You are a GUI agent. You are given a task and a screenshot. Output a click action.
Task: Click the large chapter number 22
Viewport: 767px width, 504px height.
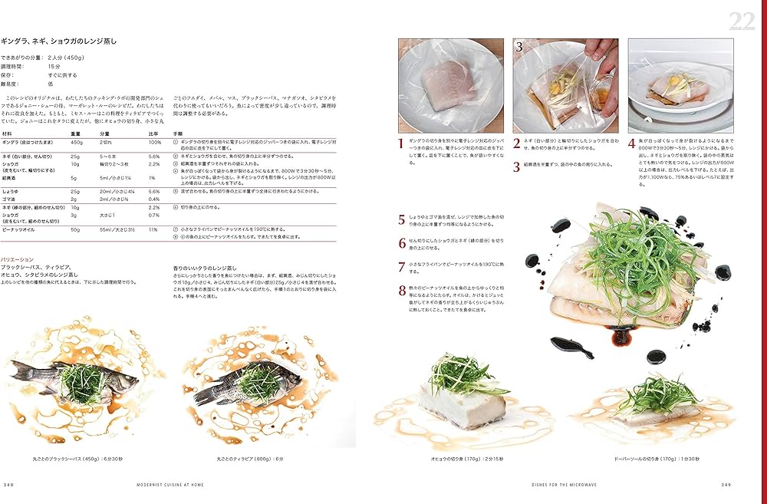[x=742, y=21]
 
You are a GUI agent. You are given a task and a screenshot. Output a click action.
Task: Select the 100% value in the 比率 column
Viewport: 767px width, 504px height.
[x=154, y=142]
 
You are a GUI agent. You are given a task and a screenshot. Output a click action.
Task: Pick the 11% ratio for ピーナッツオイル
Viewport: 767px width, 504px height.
[x=153, y=229]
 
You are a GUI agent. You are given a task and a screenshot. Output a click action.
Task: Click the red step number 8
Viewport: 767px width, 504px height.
[x=402, y=291]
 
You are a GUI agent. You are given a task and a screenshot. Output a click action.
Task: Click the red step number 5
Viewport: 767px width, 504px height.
[x=402, y=220]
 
